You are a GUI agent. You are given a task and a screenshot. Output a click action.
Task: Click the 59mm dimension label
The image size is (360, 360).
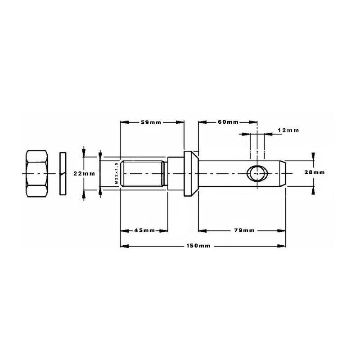click(x=151, y=122)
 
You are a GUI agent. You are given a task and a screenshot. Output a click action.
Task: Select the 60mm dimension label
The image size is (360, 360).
click(x=228, y=122)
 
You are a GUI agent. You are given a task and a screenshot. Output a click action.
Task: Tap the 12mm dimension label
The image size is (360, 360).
click(x=288, y=130)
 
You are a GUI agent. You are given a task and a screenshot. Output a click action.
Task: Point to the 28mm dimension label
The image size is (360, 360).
click(x=315, y=172)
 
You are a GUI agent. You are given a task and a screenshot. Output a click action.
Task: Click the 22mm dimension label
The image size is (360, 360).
click(x=84, y=174)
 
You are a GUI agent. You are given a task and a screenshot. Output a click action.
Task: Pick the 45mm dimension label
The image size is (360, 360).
click(x=144, y=230)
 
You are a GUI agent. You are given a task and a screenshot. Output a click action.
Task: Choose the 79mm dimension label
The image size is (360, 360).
click(x=244, y=230)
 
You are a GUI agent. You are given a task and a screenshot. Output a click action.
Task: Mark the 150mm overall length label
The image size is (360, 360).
click(x=198, y=246)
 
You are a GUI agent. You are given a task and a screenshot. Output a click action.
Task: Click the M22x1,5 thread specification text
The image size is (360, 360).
click(x=116, y=173)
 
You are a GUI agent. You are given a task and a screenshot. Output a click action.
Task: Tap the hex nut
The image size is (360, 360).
click(x=37, y=174)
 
